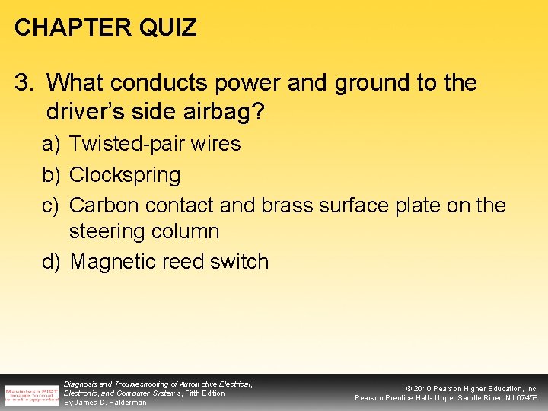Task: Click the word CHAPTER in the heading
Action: pyautogui.click(x=73, y=28)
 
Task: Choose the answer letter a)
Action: pyautogui.click(x=51, y=144)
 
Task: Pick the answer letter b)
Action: pyautogui.click(x=51, y=175)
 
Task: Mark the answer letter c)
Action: pyautogui.click(x=51, y=205)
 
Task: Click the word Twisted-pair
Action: pyautogui.click(x=124, y=144)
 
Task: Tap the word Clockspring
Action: pyautogui.click(x=125, y=175)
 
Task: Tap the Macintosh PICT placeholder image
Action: pyautogui.click(x=32, y=395)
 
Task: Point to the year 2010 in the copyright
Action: pyautogui.click(x=423, y=389)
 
